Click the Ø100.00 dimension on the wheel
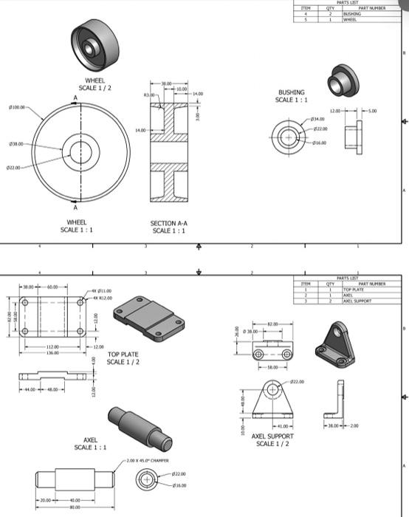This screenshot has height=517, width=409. coord(16,107)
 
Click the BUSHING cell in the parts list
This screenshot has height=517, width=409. coord(353,13)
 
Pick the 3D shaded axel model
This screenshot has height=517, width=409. coord(140,429)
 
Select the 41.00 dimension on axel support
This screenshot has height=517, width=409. coord(281,427)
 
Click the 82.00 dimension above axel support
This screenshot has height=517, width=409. coord(272,323)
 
